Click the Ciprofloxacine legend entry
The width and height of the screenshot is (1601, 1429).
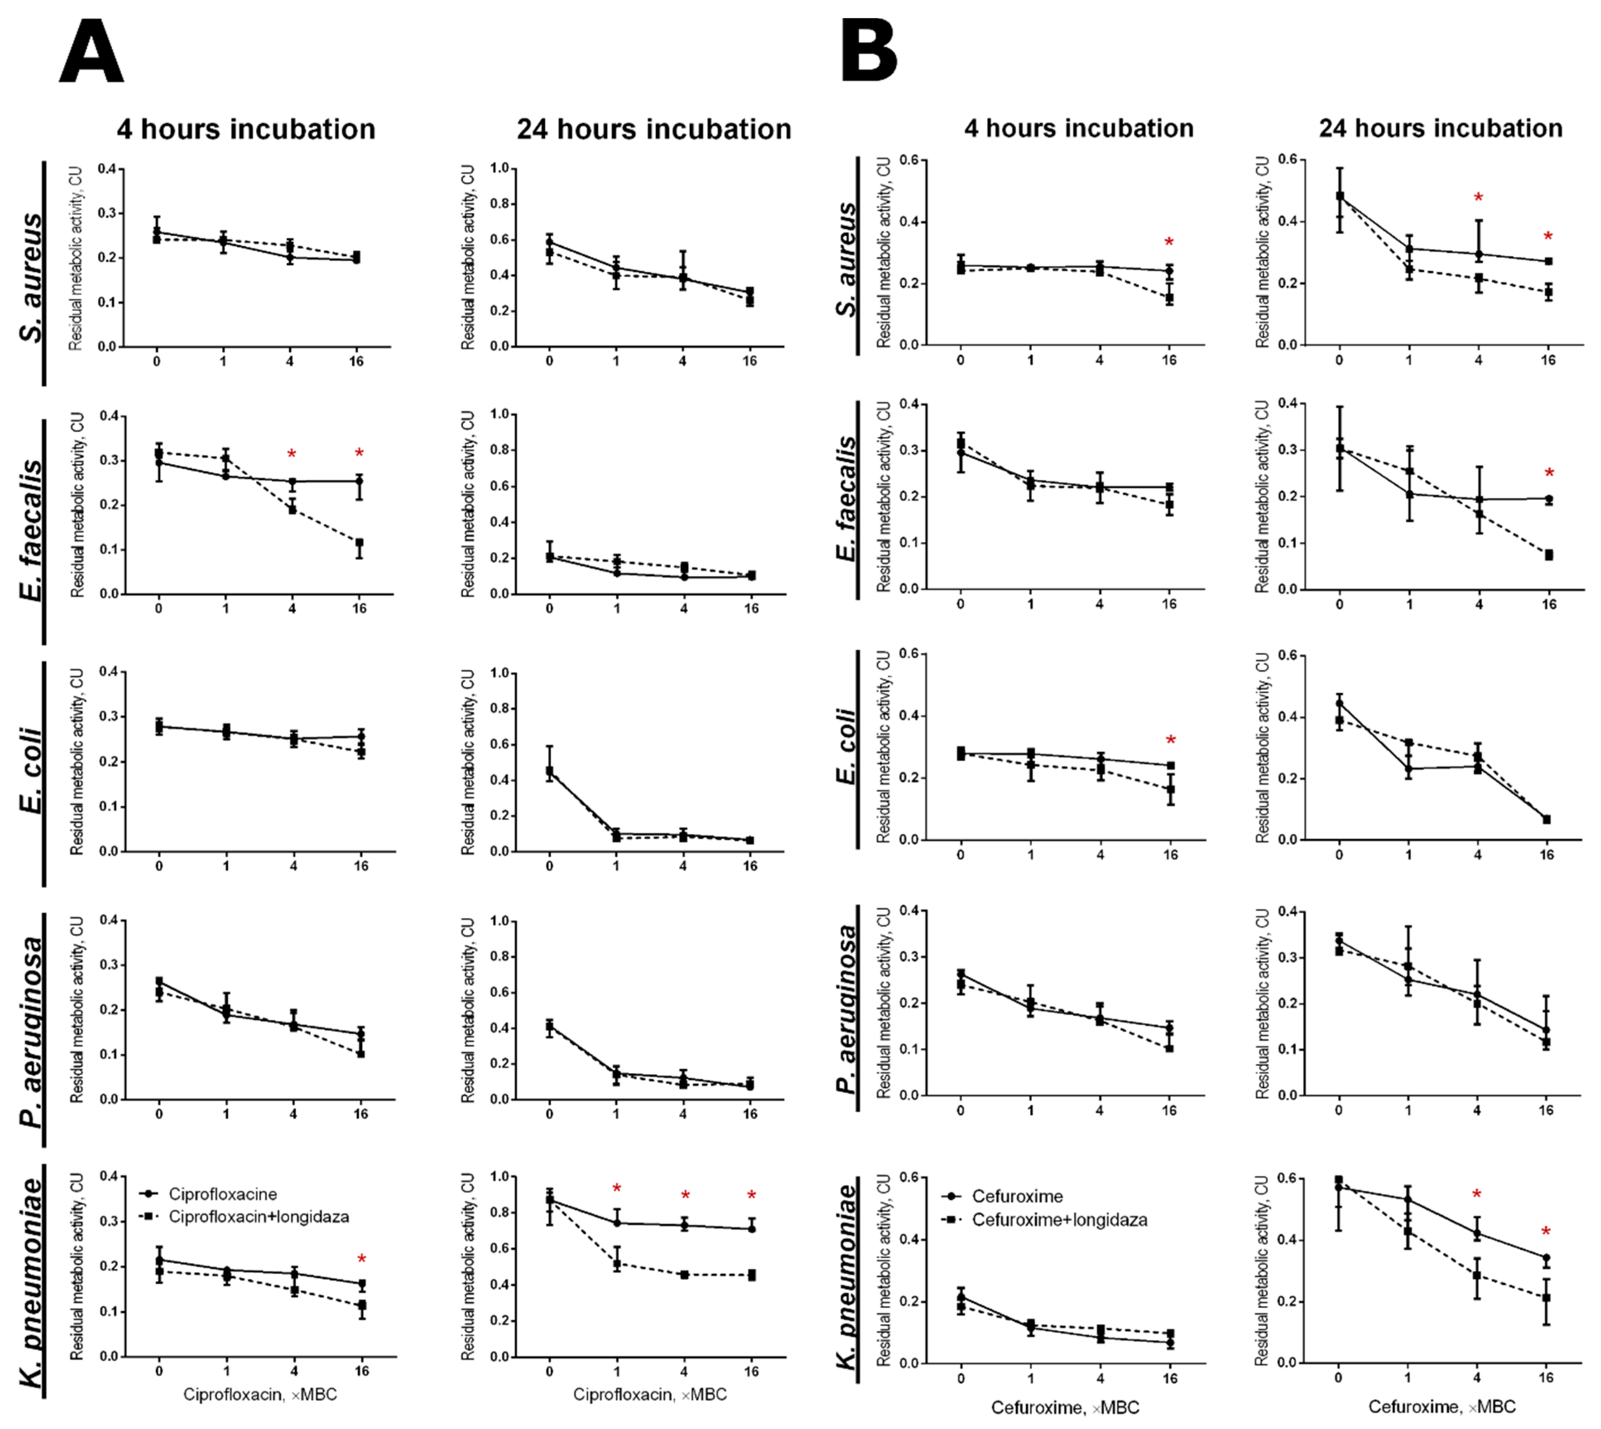tap(222, 1194)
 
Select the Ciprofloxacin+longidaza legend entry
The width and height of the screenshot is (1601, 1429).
tap(258, 1217)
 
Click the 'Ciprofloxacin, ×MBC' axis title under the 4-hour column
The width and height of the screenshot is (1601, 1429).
tap(260, 1394)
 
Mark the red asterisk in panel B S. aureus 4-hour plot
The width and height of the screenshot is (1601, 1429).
tap(1169, 242)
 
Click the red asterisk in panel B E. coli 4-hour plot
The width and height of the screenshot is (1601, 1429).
tap(1171, 741)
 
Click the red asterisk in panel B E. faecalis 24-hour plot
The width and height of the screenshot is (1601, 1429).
tap(1549, 473)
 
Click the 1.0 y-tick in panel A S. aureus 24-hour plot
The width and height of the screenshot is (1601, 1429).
tap(500, 168)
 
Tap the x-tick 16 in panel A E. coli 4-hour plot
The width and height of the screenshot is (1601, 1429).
tap(360, 866)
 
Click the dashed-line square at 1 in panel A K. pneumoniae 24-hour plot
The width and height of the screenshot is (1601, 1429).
tap(617, 1264)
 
